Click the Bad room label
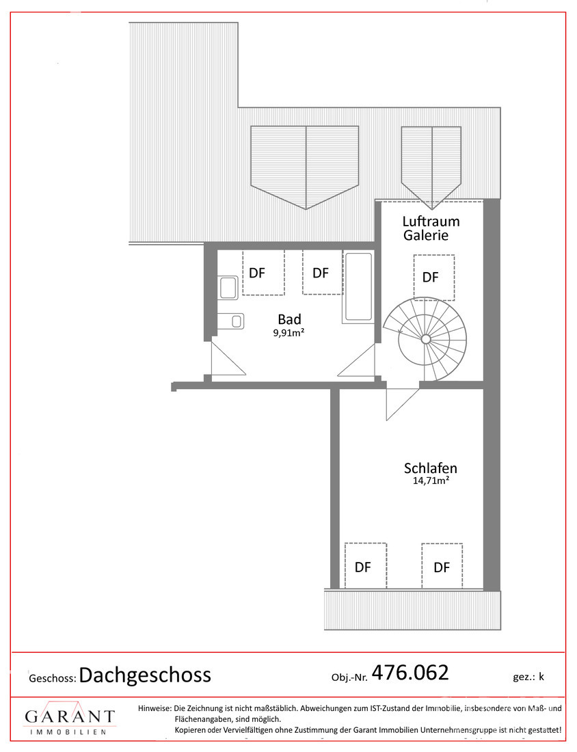(289, 319)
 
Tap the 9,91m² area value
(289, 334)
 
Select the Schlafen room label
(430, 468)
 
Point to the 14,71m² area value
(430, 481)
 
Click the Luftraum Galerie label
(431, 228)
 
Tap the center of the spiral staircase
(425, 339)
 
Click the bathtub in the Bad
(358, 286)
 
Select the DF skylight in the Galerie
(433, 278)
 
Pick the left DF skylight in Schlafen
(365, 565)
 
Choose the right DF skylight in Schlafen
(442, 565)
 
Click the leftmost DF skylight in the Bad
(263, 273)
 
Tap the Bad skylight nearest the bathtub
(321, 273)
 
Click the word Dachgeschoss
(145, 675)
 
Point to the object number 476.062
(410, 673)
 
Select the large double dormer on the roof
(305, 164)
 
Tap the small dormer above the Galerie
(431, 164)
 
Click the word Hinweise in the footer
(155, 708)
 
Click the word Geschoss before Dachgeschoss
(52, 678)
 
